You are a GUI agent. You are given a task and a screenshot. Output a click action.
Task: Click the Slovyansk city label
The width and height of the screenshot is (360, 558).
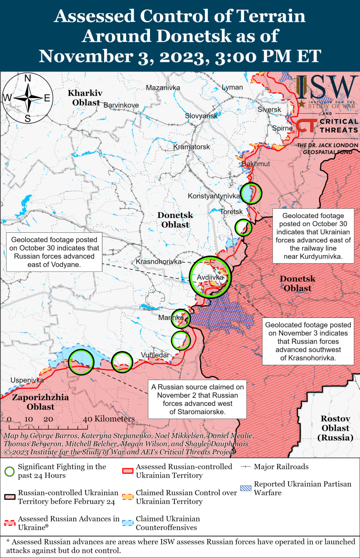(201, 116)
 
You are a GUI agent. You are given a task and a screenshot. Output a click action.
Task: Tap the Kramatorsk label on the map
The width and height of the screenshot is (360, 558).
(191, 147)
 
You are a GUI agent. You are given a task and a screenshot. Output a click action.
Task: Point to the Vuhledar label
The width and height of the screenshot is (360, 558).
(154, 355)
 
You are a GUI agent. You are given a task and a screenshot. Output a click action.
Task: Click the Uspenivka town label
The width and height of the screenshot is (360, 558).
(27, 380)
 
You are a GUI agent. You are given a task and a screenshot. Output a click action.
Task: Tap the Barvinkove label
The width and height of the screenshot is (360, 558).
(121, 105)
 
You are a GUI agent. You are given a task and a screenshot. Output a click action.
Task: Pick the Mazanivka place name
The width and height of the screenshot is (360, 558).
(163, 88)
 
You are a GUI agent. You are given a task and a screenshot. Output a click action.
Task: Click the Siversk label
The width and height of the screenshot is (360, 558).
(269, 109)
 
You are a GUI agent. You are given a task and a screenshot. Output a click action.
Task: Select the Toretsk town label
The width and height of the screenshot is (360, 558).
(231, 211)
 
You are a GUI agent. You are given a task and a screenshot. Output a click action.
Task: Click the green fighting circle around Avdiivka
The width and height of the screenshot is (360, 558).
(210, 276)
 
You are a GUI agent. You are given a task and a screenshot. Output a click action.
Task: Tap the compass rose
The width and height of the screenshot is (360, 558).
(27, 99)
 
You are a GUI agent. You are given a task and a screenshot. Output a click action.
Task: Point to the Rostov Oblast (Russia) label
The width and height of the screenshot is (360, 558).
(335, 428)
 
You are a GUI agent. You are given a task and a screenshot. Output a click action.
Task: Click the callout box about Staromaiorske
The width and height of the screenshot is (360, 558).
(197, 399)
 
